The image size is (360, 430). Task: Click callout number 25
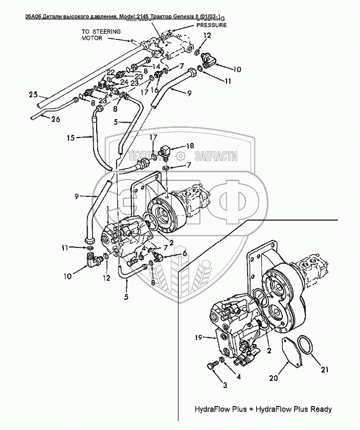pyautogui.click(x=33, y=95)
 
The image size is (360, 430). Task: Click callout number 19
pyautogui.click(x=199, y=337)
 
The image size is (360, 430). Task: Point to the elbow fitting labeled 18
pyautogui.click(x=165, y=151)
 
